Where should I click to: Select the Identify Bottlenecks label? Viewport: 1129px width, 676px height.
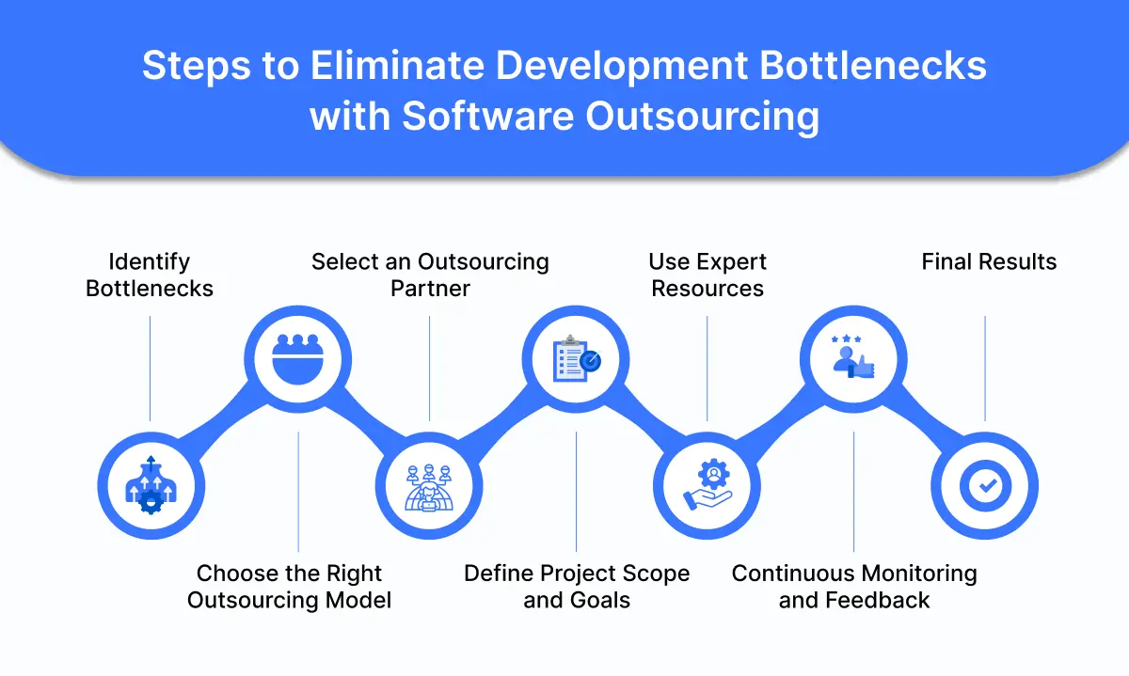click(150, 275)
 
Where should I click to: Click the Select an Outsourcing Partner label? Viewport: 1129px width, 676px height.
click(430, 275)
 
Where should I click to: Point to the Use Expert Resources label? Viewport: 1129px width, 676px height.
click(708, 275)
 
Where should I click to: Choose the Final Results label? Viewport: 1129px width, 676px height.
click(989, 261)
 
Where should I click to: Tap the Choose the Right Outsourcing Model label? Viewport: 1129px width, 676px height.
click(289, 587)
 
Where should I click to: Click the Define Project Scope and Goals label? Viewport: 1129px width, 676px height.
click(577, 587)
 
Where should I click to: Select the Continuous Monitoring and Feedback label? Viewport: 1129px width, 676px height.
click(854, 587)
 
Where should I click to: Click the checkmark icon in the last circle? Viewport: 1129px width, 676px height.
click(984, 486)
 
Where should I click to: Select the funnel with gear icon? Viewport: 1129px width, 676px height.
click(150, 486)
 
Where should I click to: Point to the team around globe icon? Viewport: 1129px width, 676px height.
click(430, 486)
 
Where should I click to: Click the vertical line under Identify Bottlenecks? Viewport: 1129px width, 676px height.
click(150, 368)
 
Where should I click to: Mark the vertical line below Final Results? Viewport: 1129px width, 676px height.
click(985, 368)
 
